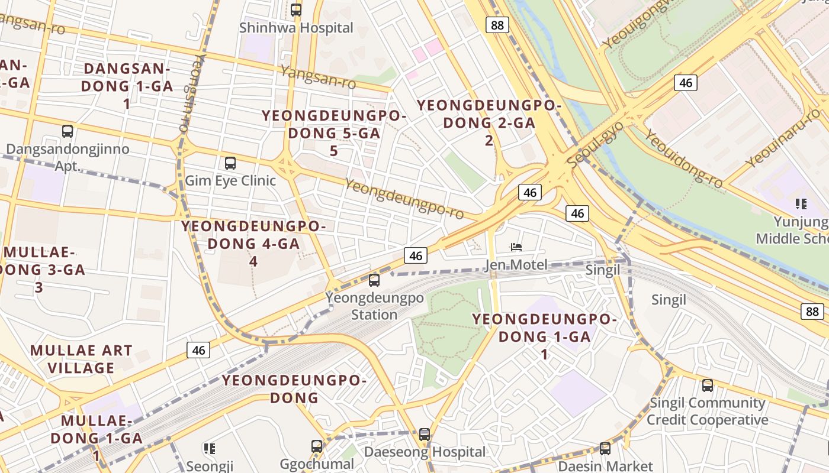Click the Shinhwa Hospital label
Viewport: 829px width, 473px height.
tap(296, 28)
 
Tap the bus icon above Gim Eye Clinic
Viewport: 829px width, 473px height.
tap(230, 163)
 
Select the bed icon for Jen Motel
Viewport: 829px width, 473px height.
tap(516, 247)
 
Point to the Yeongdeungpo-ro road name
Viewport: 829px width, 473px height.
tap(404, 199)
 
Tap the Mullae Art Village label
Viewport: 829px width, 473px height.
tap(81, 359)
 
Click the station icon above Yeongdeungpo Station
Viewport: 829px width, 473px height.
tap(374, 280)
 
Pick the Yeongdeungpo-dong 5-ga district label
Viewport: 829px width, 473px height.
tap(334, 133)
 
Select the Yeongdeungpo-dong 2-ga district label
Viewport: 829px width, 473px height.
tap(489, 122)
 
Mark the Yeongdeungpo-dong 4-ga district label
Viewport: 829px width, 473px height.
tap(253, 243)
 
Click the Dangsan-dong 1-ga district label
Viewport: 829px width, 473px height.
tap(127, 86)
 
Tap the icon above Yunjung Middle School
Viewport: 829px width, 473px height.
tap(801, 205)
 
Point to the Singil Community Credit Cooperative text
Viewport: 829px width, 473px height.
tap(707, 412)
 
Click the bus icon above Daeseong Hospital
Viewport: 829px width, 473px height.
tap(425, 435)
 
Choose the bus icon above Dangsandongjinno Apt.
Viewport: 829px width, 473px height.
tap(68, 131)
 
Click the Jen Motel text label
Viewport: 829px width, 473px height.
tap(516, 264)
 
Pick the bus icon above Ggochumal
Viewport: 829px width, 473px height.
tap(317, 446)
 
